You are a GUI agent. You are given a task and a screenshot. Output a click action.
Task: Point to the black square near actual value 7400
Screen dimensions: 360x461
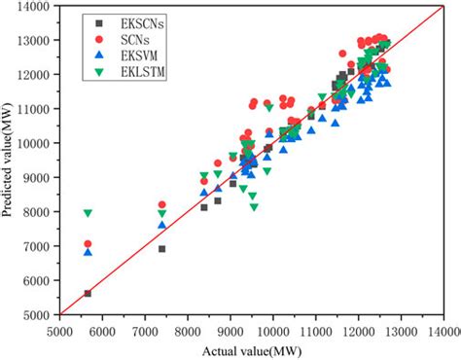pyautogui.click(x=161, y=249)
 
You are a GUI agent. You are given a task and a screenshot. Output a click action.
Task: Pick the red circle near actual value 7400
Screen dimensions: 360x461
pyautogui.click(x=161, y=204)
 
